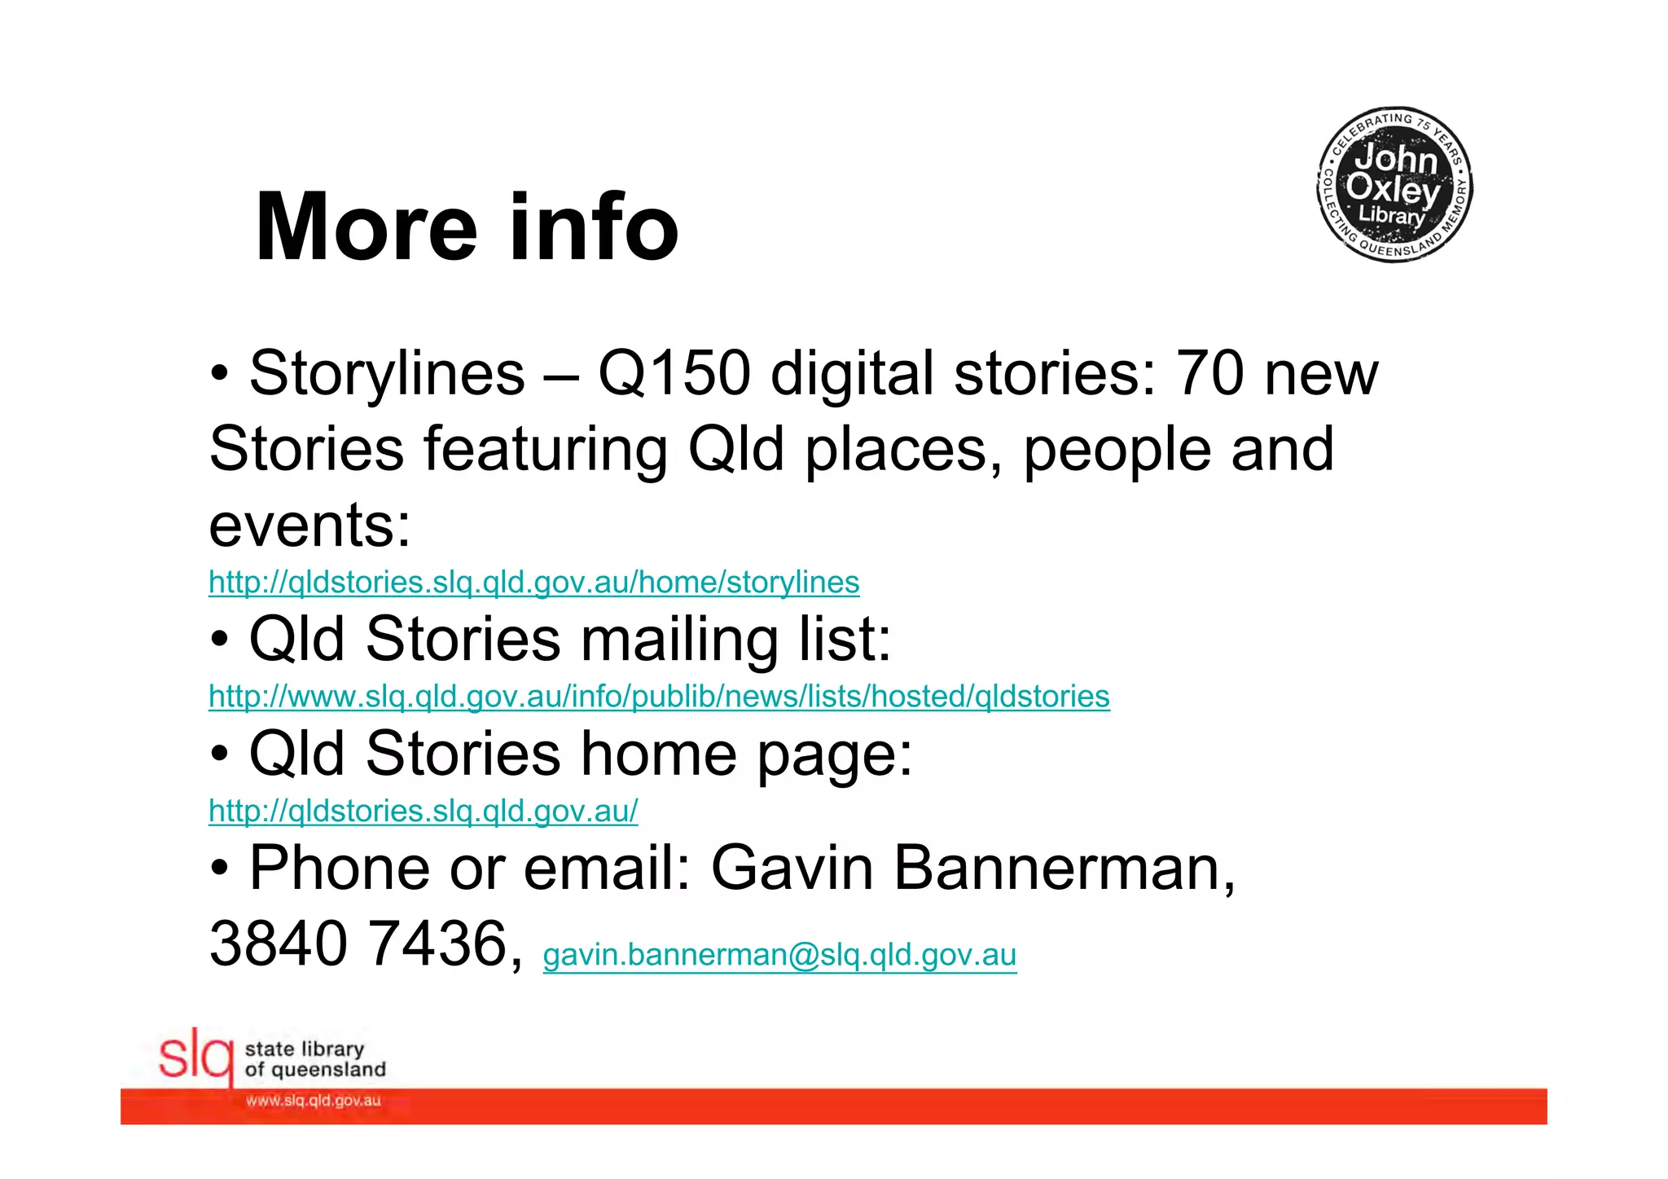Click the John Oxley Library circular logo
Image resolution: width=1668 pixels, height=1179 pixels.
1394,185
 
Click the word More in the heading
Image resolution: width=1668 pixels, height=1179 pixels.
366,227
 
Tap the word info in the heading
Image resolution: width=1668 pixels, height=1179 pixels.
594,227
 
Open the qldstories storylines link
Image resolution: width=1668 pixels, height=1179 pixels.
533,583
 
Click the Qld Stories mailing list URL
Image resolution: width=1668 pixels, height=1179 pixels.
659,697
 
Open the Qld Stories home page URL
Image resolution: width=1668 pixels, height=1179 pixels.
423,812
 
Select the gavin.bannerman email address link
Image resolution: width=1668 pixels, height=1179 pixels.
779,955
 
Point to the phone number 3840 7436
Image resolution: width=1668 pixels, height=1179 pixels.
358,944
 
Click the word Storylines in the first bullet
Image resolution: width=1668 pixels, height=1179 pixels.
387,374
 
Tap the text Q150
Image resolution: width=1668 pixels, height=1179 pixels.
674,374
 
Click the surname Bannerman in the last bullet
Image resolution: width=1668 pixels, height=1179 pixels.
1064,869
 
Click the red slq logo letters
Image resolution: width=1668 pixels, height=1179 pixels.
195,1058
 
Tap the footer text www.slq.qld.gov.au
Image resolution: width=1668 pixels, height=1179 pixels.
313,1101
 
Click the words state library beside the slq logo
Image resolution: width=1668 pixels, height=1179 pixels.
304,1049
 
